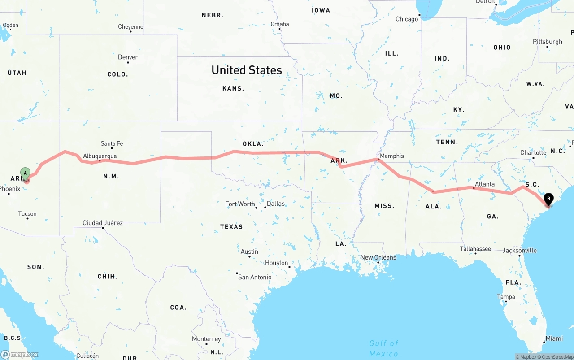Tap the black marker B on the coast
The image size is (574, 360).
point(548,199)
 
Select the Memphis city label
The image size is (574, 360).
point(391,156)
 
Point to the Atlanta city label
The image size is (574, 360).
point(485,184)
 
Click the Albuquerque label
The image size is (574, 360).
point(100,156)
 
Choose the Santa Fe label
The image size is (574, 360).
point(112,143)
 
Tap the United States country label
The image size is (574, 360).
point(247,70)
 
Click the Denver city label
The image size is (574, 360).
point(128,57)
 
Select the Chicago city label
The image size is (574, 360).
point(407,19)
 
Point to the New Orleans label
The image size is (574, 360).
point(378,257)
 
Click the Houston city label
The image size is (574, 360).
point(276,263)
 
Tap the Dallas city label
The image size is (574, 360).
point(276,204)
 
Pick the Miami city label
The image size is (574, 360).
point(554,338)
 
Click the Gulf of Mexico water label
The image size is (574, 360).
point(383,348)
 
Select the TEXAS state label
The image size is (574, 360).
point(231,227)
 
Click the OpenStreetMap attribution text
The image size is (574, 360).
point(557,357)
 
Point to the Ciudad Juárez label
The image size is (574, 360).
point(103,223)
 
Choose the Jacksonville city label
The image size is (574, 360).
point(519,250)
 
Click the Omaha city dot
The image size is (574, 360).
point(280,29)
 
